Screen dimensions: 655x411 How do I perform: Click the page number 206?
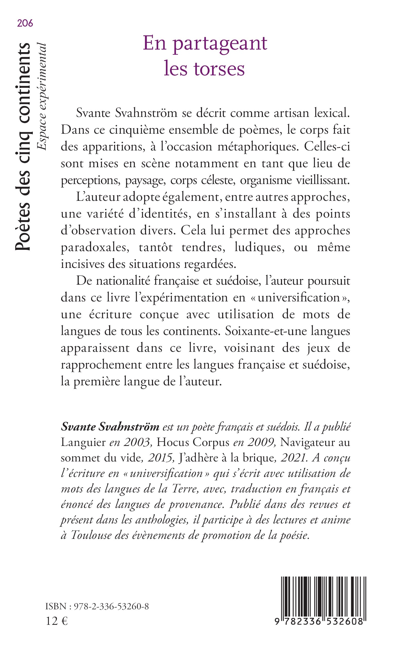point(25,24)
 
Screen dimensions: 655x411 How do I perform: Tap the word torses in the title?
point(219,69)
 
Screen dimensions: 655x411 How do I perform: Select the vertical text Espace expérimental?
point(42,97)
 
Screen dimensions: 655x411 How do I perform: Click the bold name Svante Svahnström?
point(110,427)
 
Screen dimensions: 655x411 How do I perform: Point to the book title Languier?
point(83,442)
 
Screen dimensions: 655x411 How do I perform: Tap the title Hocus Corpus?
point(193,442)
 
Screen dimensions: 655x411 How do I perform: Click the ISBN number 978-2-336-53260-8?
point(111,606)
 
